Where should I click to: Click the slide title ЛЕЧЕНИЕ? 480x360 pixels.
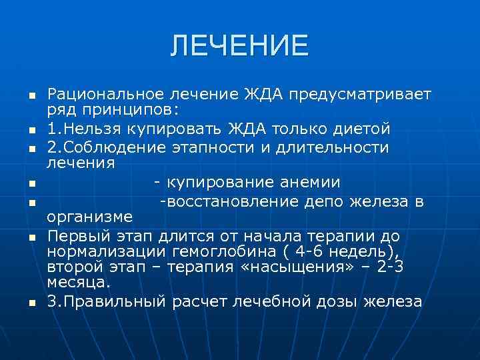coord(239,45)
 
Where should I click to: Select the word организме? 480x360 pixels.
coord(90,217)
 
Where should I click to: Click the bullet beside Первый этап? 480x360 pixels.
coord(31,236)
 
